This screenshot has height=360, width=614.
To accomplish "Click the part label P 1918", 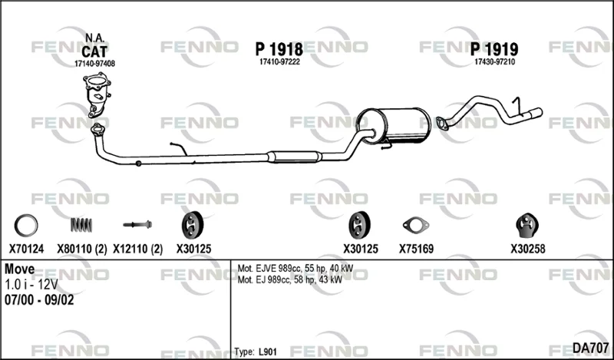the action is (x=279, y=50).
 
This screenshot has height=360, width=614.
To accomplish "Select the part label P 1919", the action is (x=494, y=49).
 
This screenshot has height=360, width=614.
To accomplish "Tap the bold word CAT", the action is (x=94, y=51).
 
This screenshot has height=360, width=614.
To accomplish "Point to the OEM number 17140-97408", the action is (x=94, y=64).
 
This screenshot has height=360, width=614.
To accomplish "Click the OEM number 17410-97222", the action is (x=279, y=62).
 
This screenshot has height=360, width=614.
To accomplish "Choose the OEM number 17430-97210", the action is (x=494, y=62).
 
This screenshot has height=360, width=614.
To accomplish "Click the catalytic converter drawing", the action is (x=97, y=94).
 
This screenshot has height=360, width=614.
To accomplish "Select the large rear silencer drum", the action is (x=393, y=126).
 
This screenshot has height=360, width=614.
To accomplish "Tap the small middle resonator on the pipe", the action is (x=295, y=157).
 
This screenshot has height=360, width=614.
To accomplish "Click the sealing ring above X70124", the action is (x=26, y=226).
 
